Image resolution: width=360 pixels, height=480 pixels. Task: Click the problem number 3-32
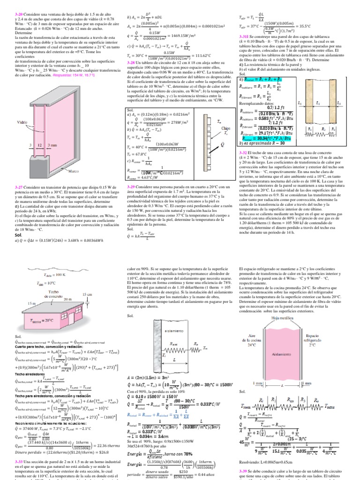click(x=246, y=153)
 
